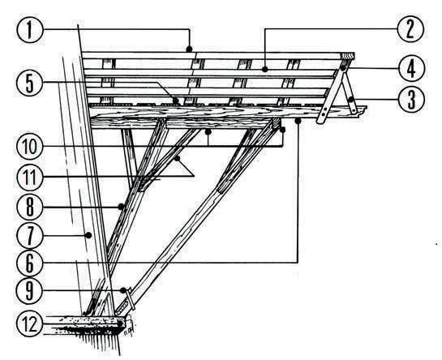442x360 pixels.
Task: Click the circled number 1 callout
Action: [29, 29]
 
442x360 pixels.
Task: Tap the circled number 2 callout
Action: [410, 29]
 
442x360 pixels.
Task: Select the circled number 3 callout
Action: [411, 99]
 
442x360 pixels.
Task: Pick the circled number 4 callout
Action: [411, 68]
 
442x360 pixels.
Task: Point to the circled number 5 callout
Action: [29, 83]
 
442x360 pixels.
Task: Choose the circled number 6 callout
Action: [29, 263]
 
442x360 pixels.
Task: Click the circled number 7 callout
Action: [29, 236]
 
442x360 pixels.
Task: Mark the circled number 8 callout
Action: [29, 207]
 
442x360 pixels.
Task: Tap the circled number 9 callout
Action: [29, 290]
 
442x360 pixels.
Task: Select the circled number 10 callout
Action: [29, 147]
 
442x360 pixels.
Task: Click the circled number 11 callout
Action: [29, 177]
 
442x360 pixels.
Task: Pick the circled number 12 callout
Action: [29, 324]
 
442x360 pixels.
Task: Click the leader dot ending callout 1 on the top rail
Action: [190, 49]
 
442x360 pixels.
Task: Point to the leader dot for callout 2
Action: [264, 69]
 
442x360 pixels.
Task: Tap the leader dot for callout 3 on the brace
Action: [351, 99]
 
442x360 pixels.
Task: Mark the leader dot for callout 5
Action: [176, 101]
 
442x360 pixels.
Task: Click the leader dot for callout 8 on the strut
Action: [121, 207]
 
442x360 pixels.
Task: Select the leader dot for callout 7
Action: [88, 235]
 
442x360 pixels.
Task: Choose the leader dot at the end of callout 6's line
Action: [298, 122]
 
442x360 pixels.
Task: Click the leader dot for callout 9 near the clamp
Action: [123, 290]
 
